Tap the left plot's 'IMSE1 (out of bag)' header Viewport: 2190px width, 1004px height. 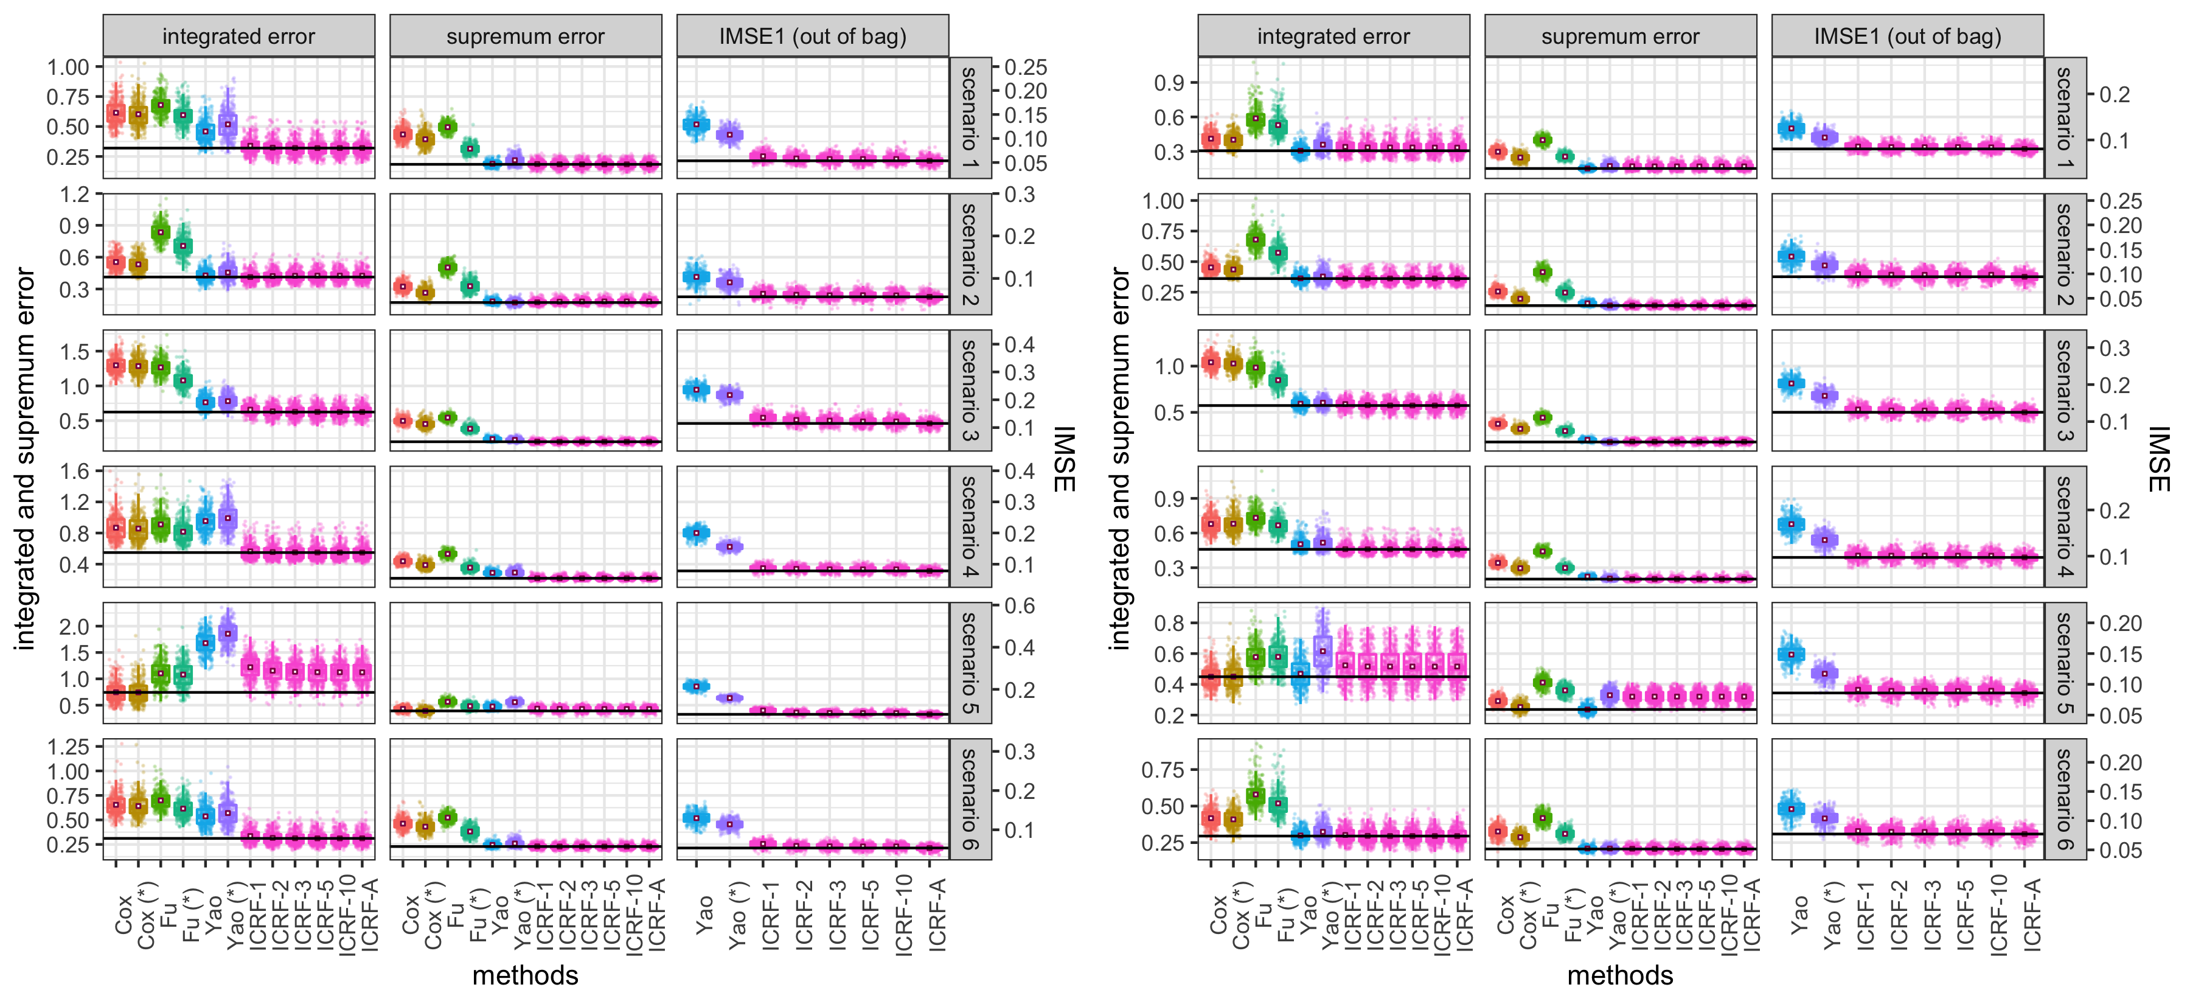812,37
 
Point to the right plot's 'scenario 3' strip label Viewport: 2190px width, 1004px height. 2064,390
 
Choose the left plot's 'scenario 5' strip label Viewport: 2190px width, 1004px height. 969,662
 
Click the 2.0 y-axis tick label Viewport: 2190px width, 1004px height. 74,627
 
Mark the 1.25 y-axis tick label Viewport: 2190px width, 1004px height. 68,747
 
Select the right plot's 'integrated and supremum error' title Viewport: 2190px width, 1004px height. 1120,459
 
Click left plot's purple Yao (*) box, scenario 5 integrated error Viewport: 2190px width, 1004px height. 228,634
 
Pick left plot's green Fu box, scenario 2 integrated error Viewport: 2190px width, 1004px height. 161,231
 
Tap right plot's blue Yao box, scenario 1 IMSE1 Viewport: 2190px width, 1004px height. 1792,128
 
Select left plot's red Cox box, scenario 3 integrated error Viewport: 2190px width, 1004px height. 116,366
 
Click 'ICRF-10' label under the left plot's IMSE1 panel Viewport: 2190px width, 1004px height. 903,914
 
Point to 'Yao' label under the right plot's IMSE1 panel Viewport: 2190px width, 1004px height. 1798,915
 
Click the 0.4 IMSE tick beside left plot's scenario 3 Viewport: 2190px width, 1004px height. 1020,345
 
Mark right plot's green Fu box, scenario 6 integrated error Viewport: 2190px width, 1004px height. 1256,795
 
